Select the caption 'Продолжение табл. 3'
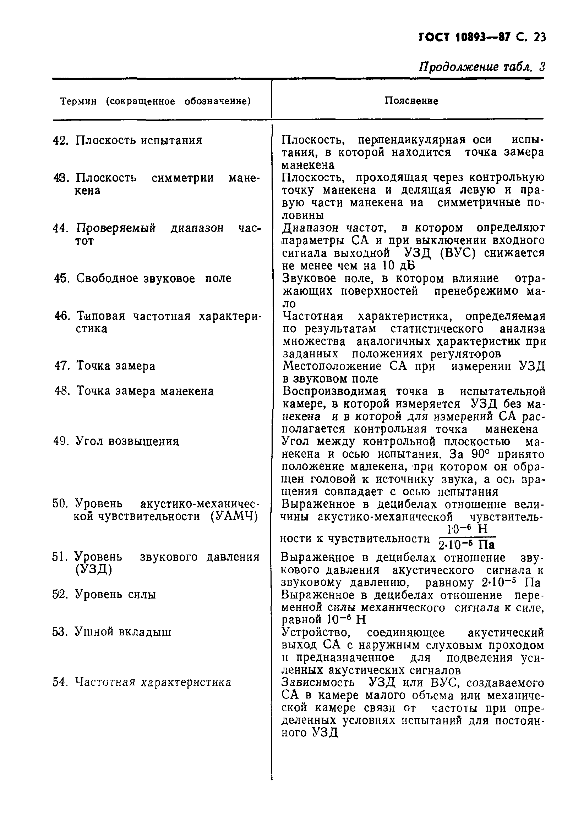coord(482,67)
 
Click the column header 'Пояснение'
coord(411,101)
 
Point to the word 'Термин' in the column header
coord(78,102)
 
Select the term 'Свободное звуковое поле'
coord(154,278)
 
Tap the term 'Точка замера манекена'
coord(145,391)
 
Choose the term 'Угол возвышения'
coord(127,441)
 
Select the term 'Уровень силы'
coord(115,595)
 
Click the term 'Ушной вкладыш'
coord(122,632)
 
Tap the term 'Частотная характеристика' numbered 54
coord(153,682)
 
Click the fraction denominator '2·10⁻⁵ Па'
coord(467,546)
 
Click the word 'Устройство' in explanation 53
coord(316,632)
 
